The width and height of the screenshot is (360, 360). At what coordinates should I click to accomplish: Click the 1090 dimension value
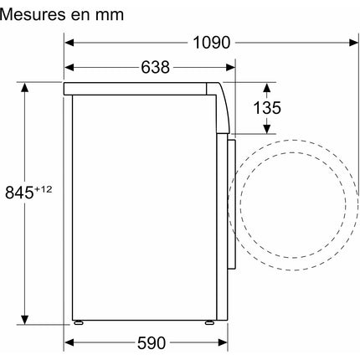tap(212, 43)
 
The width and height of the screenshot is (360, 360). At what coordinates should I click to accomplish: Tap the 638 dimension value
tap(155, 68)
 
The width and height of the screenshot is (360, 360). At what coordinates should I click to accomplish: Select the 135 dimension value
tap(267, 108)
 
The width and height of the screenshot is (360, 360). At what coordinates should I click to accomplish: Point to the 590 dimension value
tap(152, 342)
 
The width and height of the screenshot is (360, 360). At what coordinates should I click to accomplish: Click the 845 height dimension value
tap(19, 193)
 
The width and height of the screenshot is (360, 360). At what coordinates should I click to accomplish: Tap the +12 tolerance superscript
tap(43, 189)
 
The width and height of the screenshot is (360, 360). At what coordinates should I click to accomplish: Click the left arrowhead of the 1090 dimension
tap(69, 43)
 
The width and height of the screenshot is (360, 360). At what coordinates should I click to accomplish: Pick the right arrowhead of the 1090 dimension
tap(353, 43)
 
